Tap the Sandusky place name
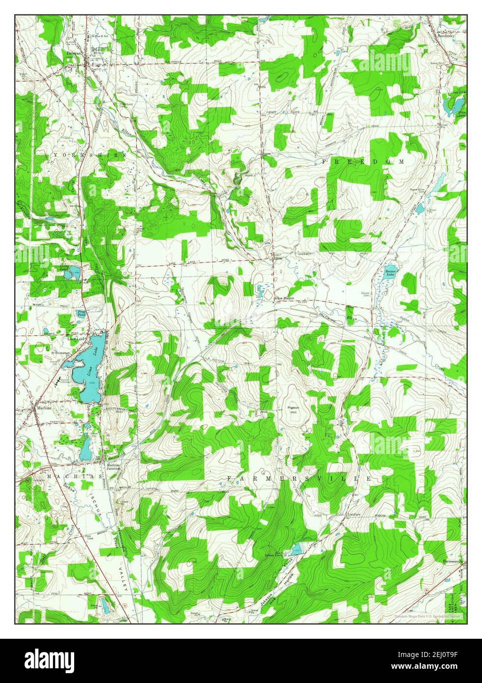point(449,35)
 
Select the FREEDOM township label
point(364,161)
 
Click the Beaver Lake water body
point(389,273)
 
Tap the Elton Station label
point(284,298)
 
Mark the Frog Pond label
point(82,314)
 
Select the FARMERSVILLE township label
point(299,478)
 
